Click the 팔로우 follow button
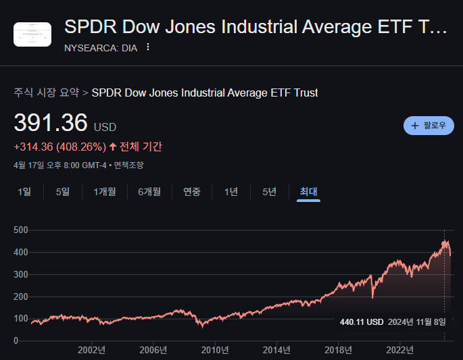point(429,126)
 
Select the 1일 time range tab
point(24,192)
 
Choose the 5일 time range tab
point(63,192)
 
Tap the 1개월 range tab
point(105,192)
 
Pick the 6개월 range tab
point(149,192)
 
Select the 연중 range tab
point(192,192)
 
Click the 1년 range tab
point(231,192)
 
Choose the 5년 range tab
point(269,192)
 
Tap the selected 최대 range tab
point(309,192)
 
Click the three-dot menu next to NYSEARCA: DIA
point(148,47)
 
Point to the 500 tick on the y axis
point(20,230)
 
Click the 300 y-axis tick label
point(20,274)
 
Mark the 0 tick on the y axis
point(16,340)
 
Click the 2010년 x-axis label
point(216,350)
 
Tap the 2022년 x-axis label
point(400,350)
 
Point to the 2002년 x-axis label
point(91,350)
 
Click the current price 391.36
point(51,123)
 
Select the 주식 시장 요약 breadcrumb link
point(46,93)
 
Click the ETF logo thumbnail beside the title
point(32,34)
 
